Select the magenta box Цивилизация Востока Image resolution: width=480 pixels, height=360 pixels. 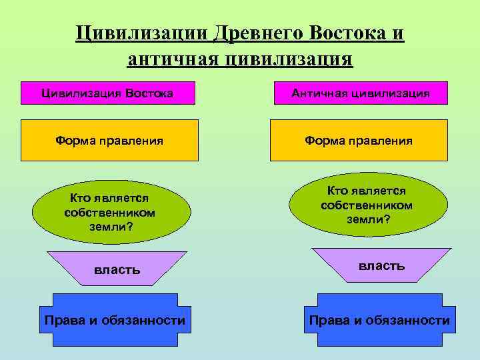107,93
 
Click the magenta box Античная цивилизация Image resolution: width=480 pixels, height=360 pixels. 360,93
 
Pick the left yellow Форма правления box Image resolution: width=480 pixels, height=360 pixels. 109,140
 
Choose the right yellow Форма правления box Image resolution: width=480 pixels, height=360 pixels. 359,140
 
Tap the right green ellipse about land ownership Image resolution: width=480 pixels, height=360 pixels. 368,205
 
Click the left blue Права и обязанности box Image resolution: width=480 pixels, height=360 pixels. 115,320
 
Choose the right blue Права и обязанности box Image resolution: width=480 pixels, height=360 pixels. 379,320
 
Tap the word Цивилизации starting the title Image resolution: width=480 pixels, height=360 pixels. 143,33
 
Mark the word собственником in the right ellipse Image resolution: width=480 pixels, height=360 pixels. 367,205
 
